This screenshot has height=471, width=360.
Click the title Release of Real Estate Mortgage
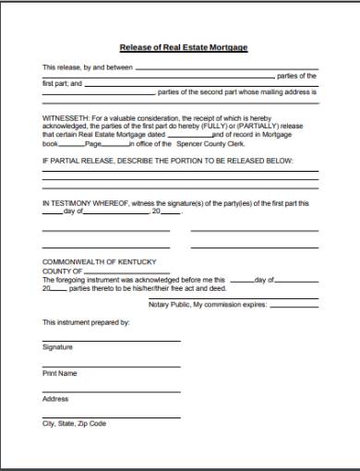[x=183, y=47]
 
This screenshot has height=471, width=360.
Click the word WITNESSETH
[x=66, y=119]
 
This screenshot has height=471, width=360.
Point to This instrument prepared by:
[x=86, y=322]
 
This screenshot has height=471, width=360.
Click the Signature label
[x=56, y=347]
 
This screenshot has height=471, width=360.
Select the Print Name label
[x=59, y=373]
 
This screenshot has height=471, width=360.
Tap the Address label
[x=55, y=398]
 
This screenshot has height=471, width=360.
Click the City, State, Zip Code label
[x=74, y=424]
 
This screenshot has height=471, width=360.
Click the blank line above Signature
[x=111, y=341]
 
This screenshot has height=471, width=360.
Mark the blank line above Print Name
[x=111, y=367]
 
